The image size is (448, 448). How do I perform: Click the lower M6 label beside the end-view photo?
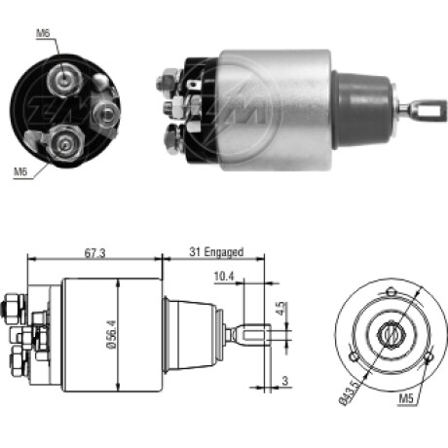point(19,172)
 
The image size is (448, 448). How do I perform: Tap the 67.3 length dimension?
point(93,252)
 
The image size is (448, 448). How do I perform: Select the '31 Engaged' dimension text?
point(215,252)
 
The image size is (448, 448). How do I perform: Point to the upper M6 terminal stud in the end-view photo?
point(64,79)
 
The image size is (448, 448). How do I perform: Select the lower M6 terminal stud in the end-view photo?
point(64,143)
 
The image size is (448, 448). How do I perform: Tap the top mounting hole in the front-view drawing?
point(390,293)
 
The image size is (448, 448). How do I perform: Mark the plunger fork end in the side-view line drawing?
point(252,334)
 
